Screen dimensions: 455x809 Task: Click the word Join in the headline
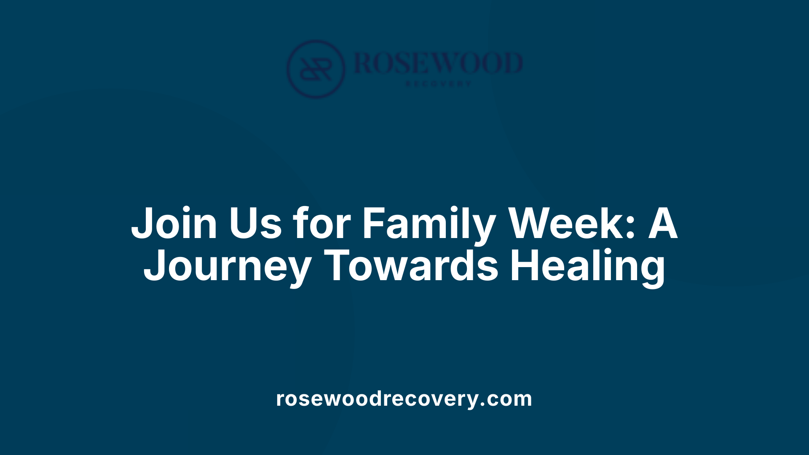[x=174, y=223]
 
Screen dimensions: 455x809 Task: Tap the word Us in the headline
[x=255, y=223]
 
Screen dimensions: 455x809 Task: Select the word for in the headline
[x=322, y=223]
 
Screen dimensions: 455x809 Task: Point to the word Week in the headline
[x=565, y=223]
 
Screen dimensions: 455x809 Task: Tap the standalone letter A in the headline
[x=662, y=223]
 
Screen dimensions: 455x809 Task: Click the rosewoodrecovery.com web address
[x=404, y=399]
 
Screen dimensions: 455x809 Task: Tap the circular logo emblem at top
[x=316, y=69]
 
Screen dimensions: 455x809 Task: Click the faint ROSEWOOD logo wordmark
[x=438, y=63]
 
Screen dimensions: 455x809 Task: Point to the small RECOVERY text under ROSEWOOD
[x=438, y=84]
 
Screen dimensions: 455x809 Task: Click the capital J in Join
[x=141, y=223]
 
